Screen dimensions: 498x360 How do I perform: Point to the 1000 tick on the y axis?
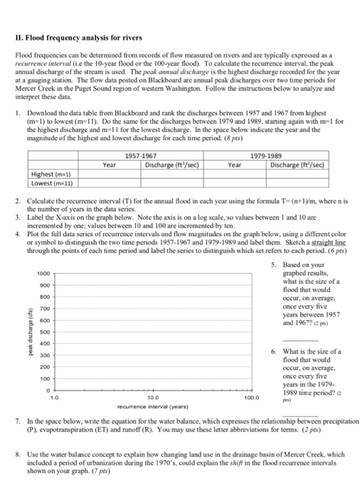42,274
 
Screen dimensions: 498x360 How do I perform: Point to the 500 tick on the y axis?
42,332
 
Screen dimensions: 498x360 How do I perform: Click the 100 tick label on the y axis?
42,378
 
